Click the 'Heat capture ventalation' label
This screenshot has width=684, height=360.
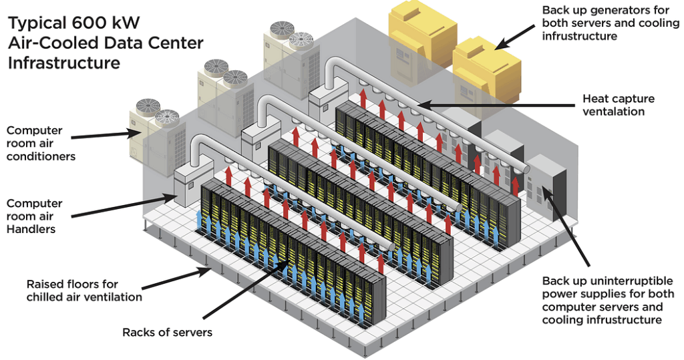619,106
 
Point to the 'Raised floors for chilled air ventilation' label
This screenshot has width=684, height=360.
84,290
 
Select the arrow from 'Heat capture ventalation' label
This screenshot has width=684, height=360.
494,104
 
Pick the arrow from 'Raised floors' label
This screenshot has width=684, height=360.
171,278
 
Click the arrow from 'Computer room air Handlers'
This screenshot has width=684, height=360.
120,206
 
